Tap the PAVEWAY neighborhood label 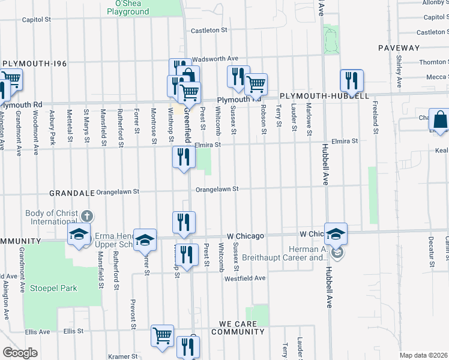(x=399, y=47)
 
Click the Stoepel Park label (x=55, y=288)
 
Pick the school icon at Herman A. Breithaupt (x=337, y=234)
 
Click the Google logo (x=20, y=353)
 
